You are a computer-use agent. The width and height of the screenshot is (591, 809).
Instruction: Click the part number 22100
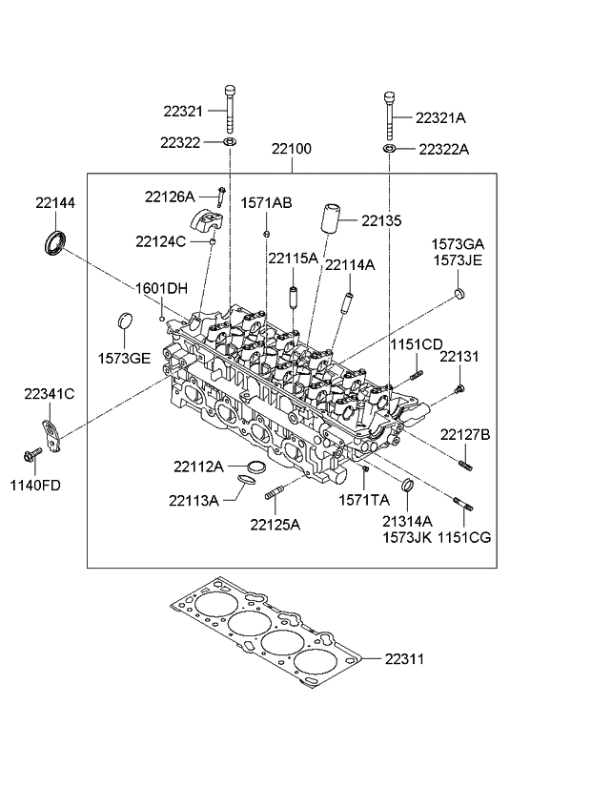pyautogui.click(x=291, y=149)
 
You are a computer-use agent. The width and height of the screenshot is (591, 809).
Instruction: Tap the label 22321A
pyautogui.click(x=440, y=118)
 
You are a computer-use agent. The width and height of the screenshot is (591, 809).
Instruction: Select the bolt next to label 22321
pyautogui.click(x=230, y=109)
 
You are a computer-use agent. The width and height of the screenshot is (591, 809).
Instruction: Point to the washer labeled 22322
pyautogui.click(x=230, y=142)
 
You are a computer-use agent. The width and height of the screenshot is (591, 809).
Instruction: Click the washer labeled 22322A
pyautogui.click(x=390, y=150)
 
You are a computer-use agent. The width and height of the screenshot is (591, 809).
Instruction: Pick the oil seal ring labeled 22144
pyautogui.click(x=56, y=241)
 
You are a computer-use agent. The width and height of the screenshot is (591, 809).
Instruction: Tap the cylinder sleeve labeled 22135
pyautogui.click(x=330, y=219)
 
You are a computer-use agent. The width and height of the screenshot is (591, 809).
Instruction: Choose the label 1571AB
pyautogui.click(x=266, y=202)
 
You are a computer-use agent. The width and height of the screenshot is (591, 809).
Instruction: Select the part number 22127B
pyautogui.click(x=465, y=435)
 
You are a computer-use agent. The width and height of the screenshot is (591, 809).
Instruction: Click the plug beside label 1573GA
pyautogui.click(x=459, y=293)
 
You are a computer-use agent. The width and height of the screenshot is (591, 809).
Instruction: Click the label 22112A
pyautogui.click(x=198, y=467)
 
